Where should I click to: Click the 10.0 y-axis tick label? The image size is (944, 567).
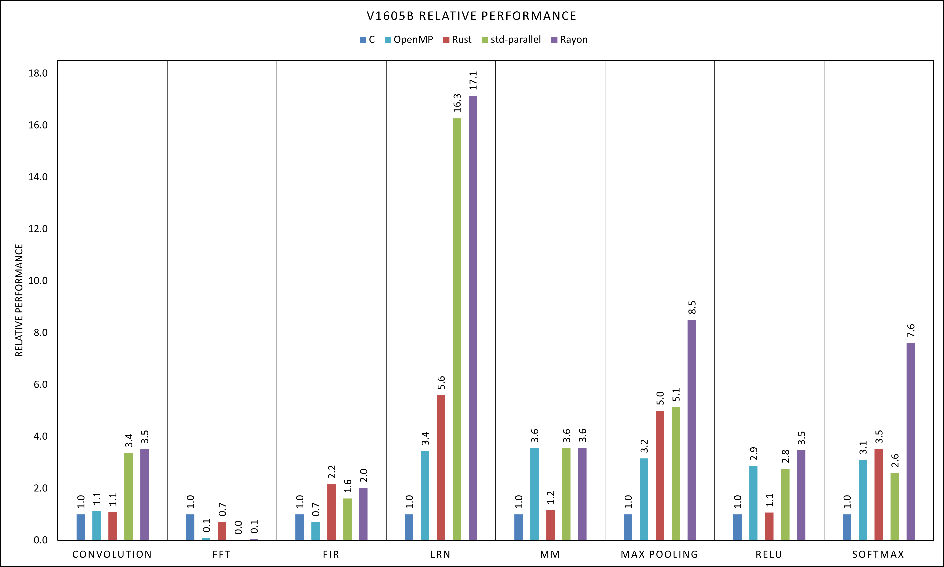pyautogui.click(x=38, y=281)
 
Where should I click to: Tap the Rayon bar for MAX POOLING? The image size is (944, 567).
pyautogui.click(x=692, y=430)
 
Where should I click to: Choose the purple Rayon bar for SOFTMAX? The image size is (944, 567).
pyautogui.click(x=910, y=441)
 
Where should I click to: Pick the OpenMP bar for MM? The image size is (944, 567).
pyautogui.click(x=534, y=494)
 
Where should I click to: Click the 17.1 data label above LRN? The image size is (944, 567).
pyautogui.click(x=473, y=80)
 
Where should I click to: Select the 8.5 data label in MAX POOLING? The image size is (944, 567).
pyautogui.click(x=692, y=308)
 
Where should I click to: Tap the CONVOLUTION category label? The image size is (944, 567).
pyautogui.click(x=112, y=554)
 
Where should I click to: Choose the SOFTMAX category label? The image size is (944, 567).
pyautogui.click(x=878, y=554)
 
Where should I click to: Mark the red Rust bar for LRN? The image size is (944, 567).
pyautogui.click(x=441, y=467)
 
